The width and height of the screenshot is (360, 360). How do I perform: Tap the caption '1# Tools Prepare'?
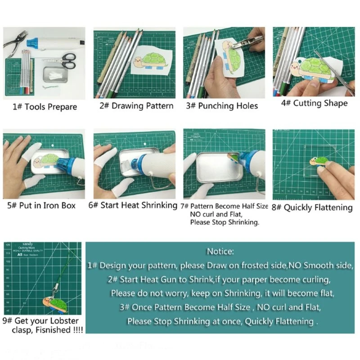(45, 107)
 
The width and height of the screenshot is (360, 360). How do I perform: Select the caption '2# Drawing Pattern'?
(136, 106)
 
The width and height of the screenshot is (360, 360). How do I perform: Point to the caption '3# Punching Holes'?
(222, 106)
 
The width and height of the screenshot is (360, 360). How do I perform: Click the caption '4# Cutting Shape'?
(314, 103)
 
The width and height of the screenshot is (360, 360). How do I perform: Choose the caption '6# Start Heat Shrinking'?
(133, 205)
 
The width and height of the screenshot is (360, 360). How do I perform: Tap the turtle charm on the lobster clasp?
(55, 305)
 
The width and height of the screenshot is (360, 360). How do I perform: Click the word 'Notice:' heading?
(220, 252)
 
